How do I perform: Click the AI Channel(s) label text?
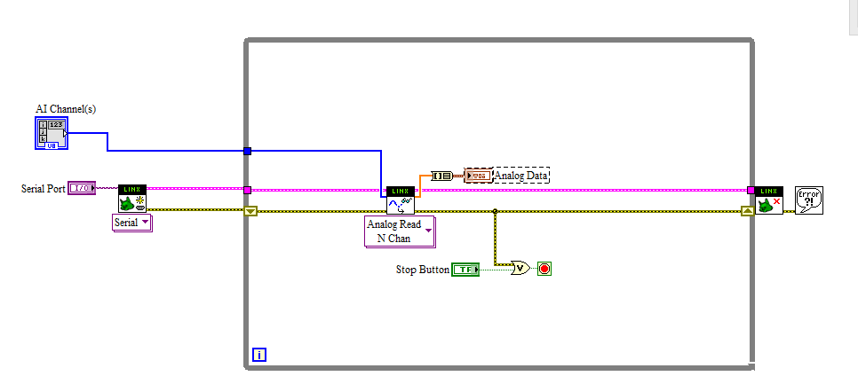pyautogui.click(x=66, y=109)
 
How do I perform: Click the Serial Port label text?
pyautogui.click(x=44, y=189)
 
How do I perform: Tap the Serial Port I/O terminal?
pyautogui.click(x=81, y=188)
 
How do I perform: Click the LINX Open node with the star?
pyautogui.click(x=132, y=199)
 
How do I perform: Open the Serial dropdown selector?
pyautogui.click(x=131, y=223)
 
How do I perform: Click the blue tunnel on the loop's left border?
pyautogui.click(x=247, y=151)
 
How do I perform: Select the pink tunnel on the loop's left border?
pyautogui.click(x=247, y=189)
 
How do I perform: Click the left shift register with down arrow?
pyautogui.click(x=250, y=211)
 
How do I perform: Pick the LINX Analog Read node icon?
pyautogui.click(x=400, y=200)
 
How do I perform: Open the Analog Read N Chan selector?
pyautogui.click(x=400, y=231)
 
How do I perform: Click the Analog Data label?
pyautogui.click(x=521, y=176)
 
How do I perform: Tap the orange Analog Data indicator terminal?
pyautogui.click(x=478, y=176)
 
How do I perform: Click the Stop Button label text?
pyautogui.click(x=422, y=269)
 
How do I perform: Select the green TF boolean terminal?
pyautogui.click(x=465, y=269)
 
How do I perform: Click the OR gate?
pyautogui.click(x=520, y=268)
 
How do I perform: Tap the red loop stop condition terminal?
pyautogui.click(x=544, y=268)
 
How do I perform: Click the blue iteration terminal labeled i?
pyautogui.click(x=259, y=355)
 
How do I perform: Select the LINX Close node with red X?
pyautogui.click(x=768, y=200)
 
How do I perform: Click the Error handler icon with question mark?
pyautogui.click(x=809, y=200)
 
